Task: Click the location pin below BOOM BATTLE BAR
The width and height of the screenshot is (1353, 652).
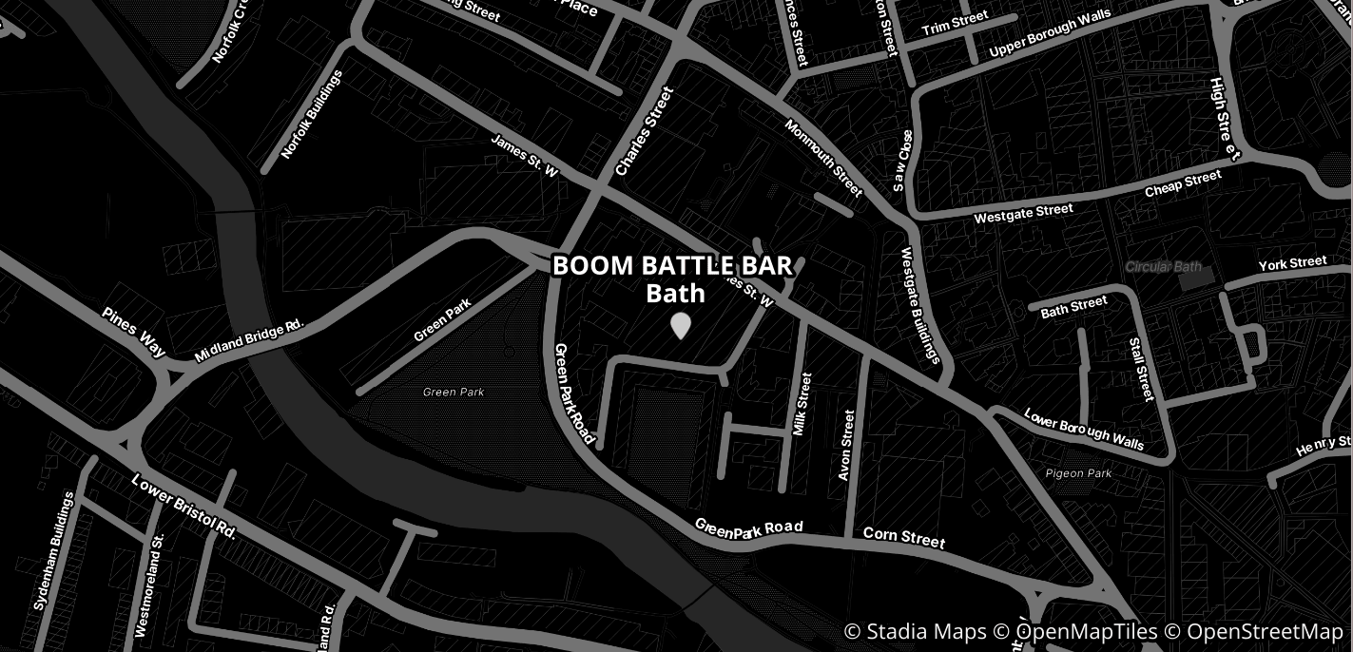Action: point(680,325)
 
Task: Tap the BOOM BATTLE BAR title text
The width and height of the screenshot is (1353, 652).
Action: point(672,266)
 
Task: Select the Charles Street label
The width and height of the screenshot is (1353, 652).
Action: point(644,131)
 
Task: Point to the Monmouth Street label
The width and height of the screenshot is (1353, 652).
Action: point(823,159)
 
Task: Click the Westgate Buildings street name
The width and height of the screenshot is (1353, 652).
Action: point(919,305)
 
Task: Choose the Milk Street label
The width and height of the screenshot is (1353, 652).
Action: point(803,404)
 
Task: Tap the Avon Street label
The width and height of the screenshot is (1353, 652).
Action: point(846,444)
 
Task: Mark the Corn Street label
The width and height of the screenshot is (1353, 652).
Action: point(904,538)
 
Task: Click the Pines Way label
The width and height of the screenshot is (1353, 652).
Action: point(134,332)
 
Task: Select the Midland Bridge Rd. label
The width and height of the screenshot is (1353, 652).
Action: point(248,340)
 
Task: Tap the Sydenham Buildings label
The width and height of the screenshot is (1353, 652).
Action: point(54,550)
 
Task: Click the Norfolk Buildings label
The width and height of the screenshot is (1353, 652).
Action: point(312,114)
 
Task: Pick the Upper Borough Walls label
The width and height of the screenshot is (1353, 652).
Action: point(1050,34)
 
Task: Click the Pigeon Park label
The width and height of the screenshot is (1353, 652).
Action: point(1078,473)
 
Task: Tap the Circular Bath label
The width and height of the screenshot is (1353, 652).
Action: point(1164,267)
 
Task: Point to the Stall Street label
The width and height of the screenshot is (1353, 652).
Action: point(1141,369)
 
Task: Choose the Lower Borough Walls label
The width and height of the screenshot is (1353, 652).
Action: point(1083,429)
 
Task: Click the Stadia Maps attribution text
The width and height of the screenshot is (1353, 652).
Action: point(915,632)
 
